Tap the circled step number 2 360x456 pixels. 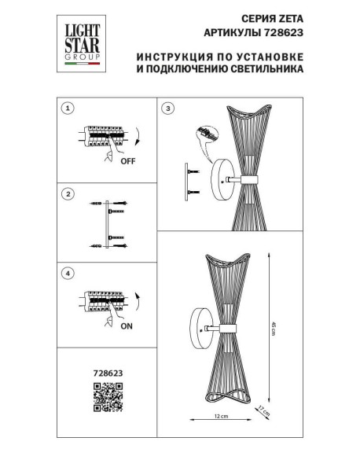coord(68,193)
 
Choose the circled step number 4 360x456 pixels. coord(68,273)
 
